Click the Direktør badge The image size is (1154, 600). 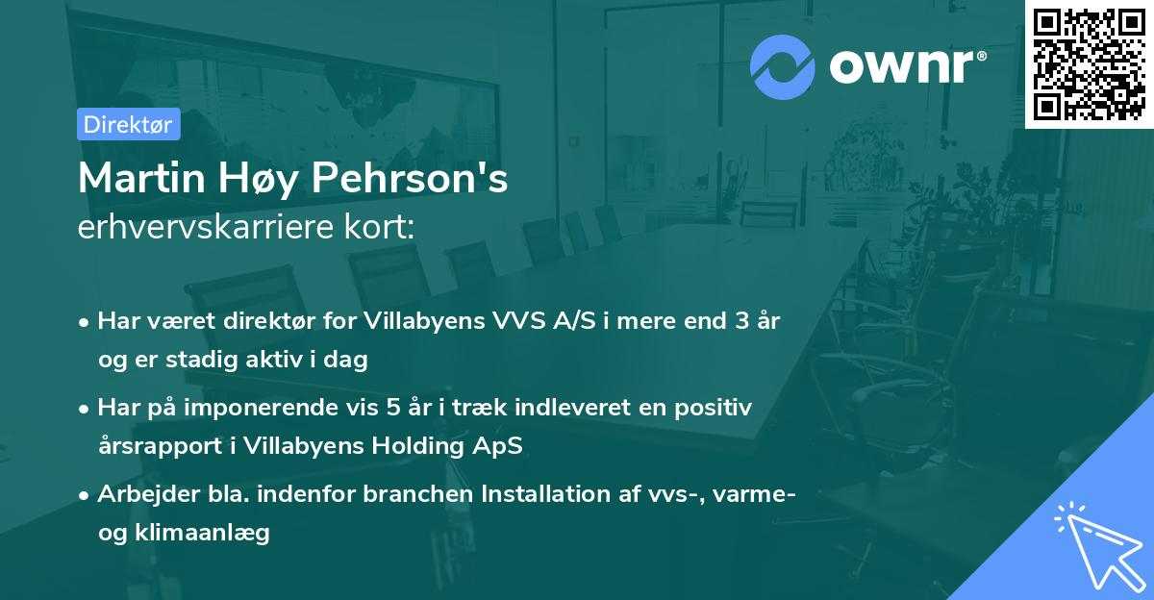tap(128, 124)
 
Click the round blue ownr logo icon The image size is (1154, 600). tap(783, 66)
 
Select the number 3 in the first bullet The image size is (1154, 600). tap(740, 321)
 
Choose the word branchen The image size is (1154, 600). tap(418, 494)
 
